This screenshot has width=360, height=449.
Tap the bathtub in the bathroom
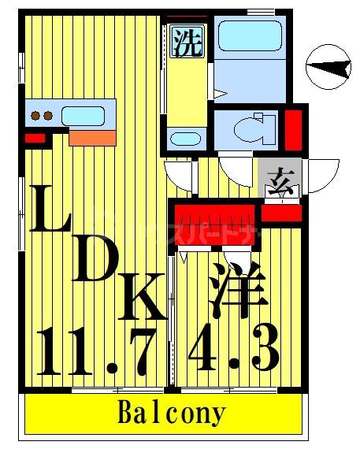pos(248,39)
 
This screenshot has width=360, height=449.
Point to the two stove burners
pos(42,116)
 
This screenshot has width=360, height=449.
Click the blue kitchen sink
pos(84,116)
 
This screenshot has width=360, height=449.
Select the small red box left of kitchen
pos(35,139)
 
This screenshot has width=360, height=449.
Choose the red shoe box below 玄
pos(281,213)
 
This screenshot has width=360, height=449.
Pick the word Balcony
pos(173,412)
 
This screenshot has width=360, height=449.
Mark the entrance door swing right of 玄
pos(324,175)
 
